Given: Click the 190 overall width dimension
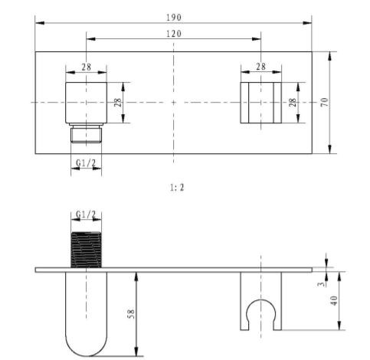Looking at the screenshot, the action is click(174, 18).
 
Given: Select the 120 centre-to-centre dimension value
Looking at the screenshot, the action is click(174, 34).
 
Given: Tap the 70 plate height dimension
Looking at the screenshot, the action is click(324, 102).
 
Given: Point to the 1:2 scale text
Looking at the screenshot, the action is click(177, 188).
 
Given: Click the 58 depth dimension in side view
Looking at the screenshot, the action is click(130, 315).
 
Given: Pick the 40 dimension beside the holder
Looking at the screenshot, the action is click(334, 300).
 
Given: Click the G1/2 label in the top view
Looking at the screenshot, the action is click(86, 162).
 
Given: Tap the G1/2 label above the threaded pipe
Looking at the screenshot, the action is click(86, 214).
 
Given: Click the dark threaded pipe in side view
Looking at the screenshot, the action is click(86, 250).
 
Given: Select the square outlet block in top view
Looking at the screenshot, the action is click(86, 103).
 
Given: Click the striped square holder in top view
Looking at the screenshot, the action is click(260, 103).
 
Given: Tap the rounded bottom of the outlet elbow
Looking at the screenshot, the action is click(86, 355).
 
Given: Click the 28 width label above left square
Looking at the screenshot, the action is click(86, 67).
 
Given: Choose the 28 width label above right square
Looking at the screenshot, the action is click(260, 67).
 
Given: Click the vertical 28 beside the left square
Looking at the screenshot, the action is click(118, 103).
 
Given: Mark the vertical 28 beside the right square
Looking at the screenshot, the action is click(293, 103).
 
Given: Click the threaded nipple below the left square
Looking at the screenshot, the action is click(86, 133).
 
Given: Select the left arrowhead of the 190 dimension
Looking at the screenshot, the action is click(40, 23).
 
